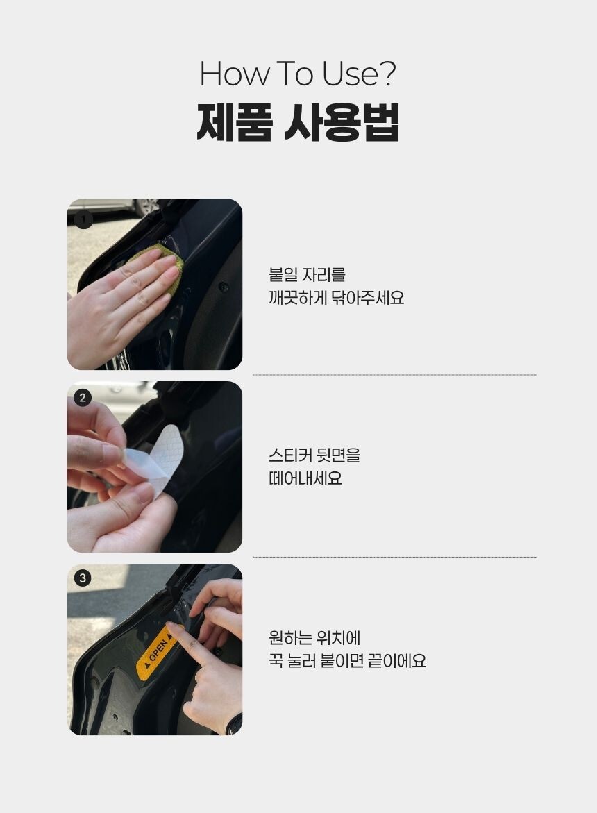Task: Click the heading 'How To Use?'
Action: (x=298, y=74)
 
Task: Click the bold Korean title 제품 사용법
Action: (x=298, y=124)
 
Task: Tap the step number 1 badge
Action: (x=83, y=219)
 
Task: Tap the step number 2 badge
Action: (x=83, y=399)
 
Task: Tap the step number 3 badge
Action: (x=83, y=578)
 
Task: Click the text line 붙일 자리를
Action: (x=308, y=275)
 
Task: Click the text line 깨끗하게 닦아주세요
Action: (x=336, y=298)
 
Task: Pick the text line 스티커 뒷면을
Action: (x=314, y=455)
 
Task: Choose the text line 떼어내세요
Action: (x=305, y=478)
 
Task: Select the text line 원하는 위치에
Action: (x=314, y=638)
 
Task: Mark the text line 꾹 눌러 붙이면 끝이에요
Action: (x=347, y=661)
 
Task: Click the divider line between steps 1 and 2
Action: (x=395, y=375)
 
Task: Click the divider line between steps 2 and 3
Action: (x=395, y=558)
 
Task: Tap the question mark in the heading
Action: (x=387, y=74)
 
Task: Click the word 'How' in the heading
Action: (x=234, y=74)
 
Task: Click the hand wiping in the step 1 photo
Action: (x=124, y=301)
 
